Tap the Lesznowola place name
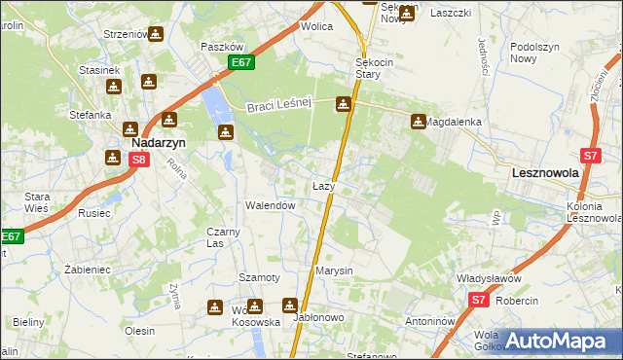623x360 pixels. coord(545,172)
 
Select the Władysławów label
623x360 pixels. coord(490,277)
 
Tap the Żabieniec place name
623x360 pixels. coord(84,269)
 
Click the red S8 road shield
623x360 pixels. coord(139,160)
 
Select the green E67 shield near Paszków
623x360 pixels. coord(242,63)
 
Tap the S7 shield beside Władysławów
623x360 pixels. coord(477,301)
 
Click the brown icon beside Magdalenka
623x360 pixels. coord(419,122)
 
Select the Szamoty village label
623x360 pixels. coord(260,277)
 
